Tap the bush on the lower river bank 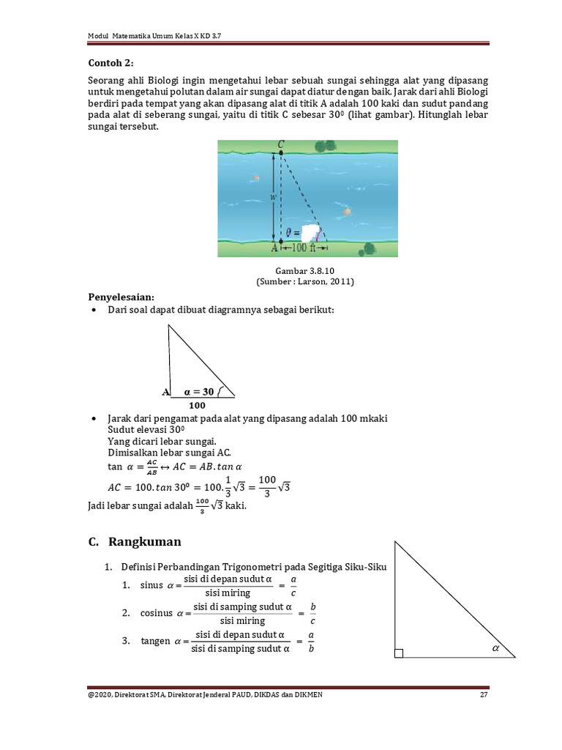click(x=371, y=248)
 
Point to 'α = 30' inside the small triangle click(x=198, y=391)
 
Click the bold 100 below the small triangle click(x=198, y=405)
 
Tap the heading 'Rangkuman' click(x=144, y=543)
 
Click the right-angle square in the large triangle click(x=399, y=653)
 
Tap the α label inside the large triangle click(x=495, y=648)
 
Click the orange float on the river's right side click(x=347, y=211)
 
